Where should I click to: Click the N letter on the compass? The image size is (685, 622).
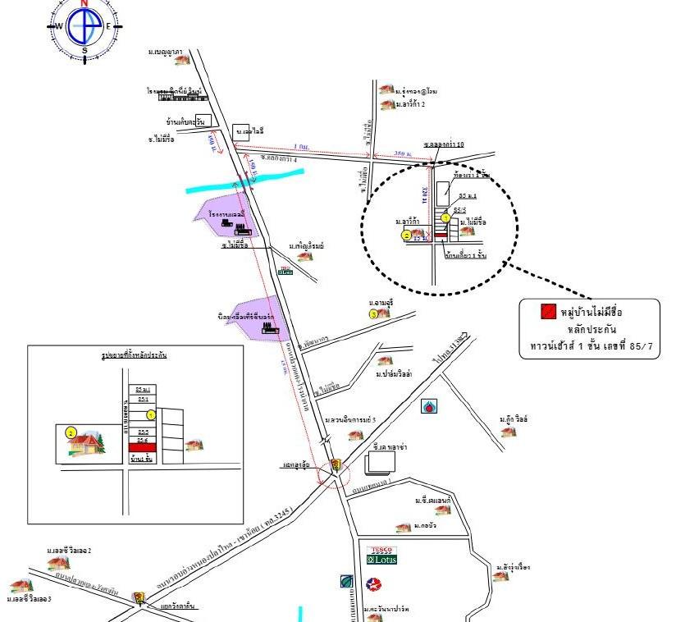84,3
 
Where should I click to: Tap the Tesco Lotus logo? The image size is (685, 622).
382,556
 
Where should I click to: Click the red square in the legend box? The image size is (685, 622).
548,312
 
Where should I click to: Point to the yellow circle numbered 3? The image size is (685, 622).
373,314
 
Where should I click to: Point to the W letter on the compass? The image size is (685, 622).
59,26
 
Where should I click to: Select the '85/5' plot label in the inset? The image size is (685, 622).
143,432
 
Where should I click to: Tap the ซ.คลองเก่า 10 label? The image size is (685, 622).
444,144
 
